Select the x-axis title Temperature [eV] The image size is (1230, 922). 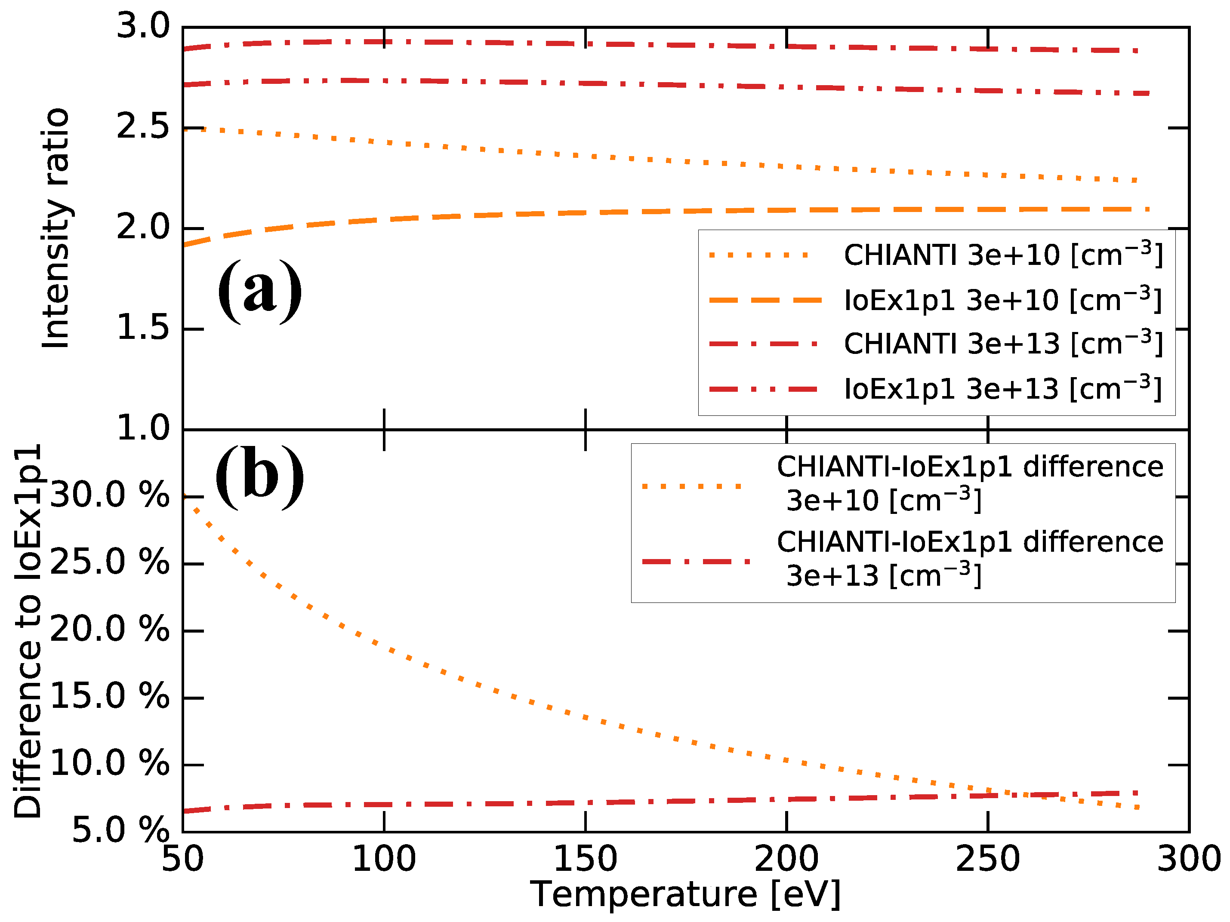685,894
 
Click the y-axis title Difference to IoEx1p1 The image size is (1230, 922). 28,631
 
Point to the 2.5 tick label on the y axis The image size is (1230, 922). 142,128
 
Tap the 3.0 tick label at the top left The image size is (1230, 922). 142,27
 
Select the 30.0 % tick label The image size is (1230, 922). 110,495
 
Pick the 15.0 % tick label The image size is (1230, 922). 110,696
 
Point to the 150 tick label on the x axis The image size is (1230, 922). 585,859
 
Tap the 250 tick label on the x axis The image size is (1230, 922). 987,859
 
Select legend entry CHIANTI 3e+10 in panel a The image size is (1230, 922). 1002,255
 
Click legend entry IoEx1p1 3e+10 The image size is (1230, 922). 1002,300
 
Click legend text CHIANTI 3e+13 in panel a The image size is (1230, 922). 1002,344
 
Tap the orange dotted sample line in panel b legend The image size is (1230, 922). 692,486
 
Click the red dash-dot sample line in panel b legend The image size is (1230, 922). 695,562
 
